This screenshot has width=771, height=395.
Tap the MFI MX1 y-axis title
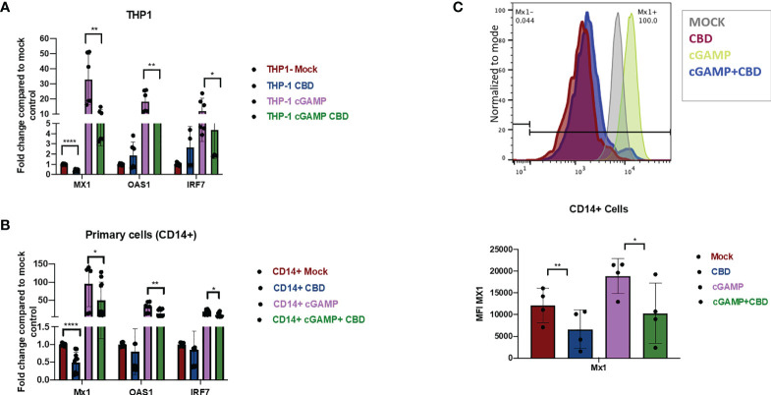coord(482,313)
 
